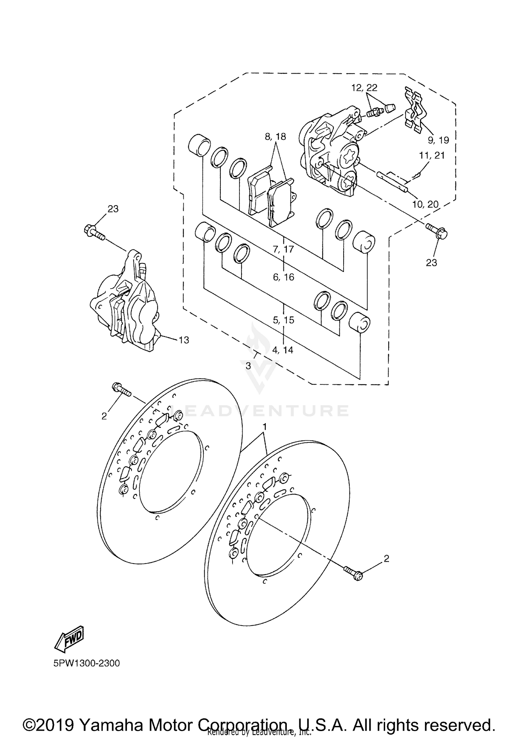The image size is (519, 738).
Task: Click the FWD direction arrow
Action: coord(69,637)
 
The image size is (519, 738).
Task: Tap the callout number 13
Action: coord(184,340)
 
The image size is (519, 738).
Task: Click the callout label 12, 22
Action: coord(364,88)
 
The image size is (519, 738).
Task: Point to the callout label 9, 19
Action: coord(438,140)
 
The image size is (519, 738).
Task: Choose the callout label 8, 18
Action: coord(275,137)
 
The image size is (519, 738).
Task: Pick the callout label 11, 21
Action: coord(431,156)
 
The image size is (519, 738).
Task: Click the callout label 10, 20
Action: coord(425,204)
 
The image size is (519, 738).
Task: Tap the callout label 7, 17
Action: coord(283,249)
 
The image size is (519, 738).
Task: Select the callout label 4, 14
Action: coord(283,350)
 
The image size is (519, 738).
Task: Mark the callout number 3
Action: coord(248,366)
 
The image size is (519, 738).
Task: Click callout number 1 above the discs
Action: coord(264,427)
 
